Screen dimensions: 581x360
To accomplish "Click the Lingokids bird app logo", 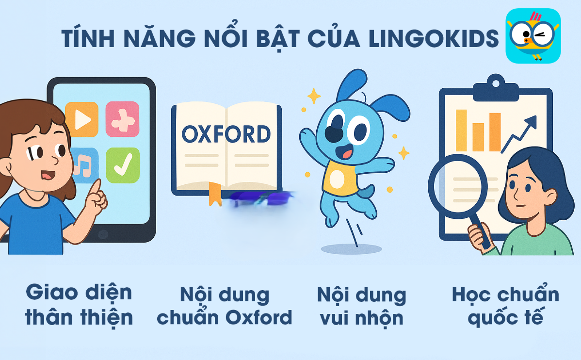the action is click(x=533, y=35).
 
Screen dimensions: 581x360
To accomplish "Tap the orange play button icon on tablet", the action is click(x=81, y=119).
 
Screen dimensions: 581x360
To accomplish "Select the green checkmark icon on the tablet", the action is click(x=123, y=165).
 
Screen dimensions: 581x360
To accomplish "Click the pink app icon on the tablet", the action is click(x=122, y=119).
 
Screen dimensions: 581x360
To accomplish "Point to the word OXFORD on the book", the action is click(x=226, y=134).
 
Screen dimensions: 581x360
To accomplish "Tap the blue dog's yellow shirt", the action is click(x=340, y=179).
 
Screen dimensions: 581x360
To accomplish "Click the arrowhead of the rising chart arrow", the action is click(x=531, y=122).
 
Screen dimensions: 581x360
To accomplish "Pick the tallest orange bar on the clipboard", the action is click(x=461, y=130).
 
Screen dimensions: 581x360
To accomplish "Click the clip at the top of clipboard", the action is click(x=496, y=88).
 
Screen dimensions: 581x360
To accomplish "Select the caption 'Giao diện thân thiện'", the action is click(x=79, y=305).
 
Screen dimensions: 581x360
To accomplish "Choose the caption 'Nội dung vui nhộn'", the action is click(x=362, y=306).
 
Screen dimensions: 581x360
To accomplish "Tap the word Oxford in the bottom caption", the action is click(x=258, y=318).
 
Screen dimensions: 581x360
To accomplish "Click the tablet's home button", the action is click(x=103, y=234).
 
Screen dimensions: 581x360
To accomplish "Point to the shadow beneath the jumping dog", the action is click(x=351, y=249).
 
